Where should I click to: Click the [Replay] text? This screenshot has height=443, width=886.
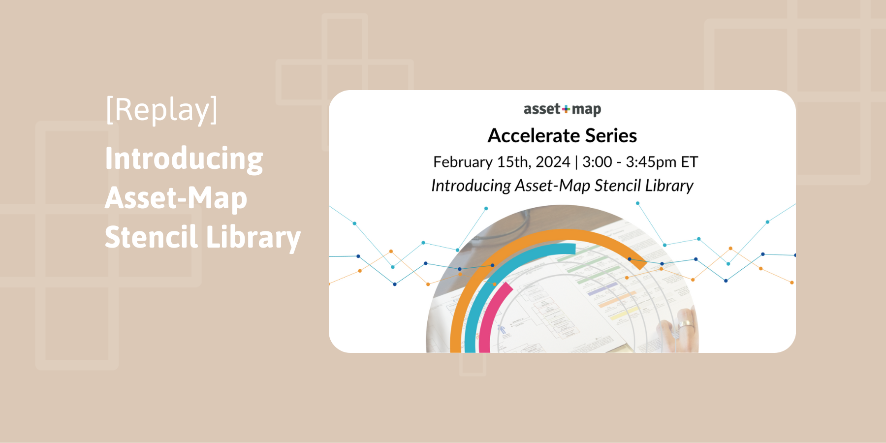[161, 110]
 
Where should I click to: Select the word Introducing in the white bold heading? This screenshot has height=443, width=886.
[184, 158]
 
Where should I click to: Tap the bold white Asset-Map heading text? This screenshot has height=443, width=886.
[176, 198]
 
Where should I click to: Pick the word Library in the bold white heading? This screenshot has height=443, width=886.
[253, 237]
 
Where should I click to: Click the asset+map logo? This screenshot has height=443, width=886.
[562, 109]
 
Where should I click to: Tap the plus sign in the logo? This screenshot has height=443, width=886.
[566, 109]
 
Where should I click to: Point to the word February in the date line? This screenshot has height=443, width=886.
[463, 162]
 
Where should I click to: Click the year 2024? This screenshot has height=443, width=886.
[553, 162]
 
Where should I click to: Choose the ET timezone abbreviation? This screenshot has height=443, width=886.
[689, 162]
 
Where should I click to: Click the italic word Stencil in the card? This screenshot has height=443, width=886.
[617, 186]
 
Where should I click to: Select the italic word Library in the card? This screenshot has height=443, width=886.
[669, 186]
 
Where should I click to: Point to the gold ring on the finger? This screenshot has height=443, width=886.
[686, 325]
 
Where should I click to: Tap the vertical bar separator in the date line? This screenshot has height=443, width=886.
[576, 162]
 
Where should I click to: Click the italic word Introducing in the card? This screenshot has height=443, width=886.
[471, 186]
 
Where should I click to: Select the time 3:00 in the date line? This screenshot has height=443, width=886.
[597, 162]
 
